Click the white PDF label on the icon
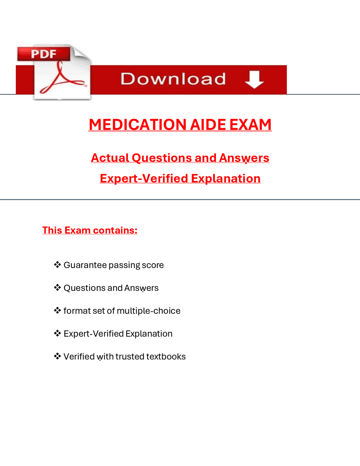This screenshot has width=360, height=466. [44, 54]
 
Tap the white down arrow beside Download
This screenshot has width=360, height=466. [254, 79]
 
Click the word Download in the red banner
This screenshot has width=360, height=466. [173, 79]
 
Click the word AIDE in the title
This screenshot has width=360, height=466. [208, 125]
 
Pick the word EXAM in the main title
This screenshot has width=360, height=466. [251, 125]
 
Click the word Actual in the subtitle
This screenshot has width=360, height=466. [110, 158]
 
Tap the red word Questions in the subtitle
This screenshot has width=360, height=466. [162, 158]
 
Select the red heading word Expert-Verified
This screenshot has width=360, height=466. [144, 178]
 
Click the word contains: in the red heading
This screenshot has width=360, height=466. [115, 230]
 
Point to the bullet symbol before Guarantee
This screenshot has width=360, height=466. [57, 265]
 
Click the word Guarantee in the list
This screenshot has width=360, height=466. [85, 265]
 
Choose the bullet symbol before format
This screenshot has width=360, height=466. [57, 310]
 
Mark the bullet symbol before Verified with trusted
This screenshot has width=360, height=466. [57, 356]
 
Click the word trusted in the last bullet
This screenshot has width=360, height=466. [130, 357]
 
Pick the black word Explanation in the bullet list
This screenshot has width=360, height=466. [149, 334]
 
